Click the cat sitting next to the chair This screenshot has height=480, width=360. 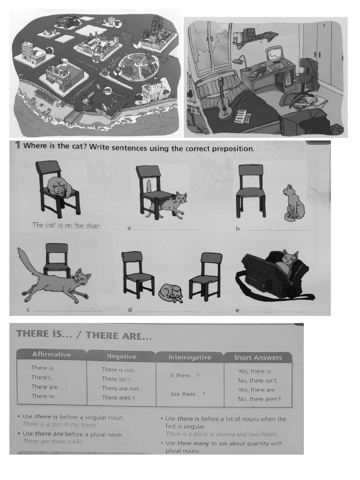[x=293, y=202]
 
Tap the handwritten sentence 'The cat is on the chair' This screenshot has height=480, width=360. [x=66, y=225]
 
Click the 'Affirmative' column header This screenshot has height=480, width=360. [x=51, y=354]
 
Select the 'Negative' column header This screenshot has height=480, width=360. [x=121, y=356]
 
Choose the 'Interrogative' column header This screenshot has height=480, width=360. [x=189, y=357]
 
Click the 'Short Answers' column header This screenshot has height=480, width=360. [x=258, y=358]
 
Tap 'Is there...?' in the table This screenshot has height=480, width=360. [x=185, y=375]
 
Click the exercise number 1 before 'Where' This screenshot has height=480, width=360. [x=17, y=145]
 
